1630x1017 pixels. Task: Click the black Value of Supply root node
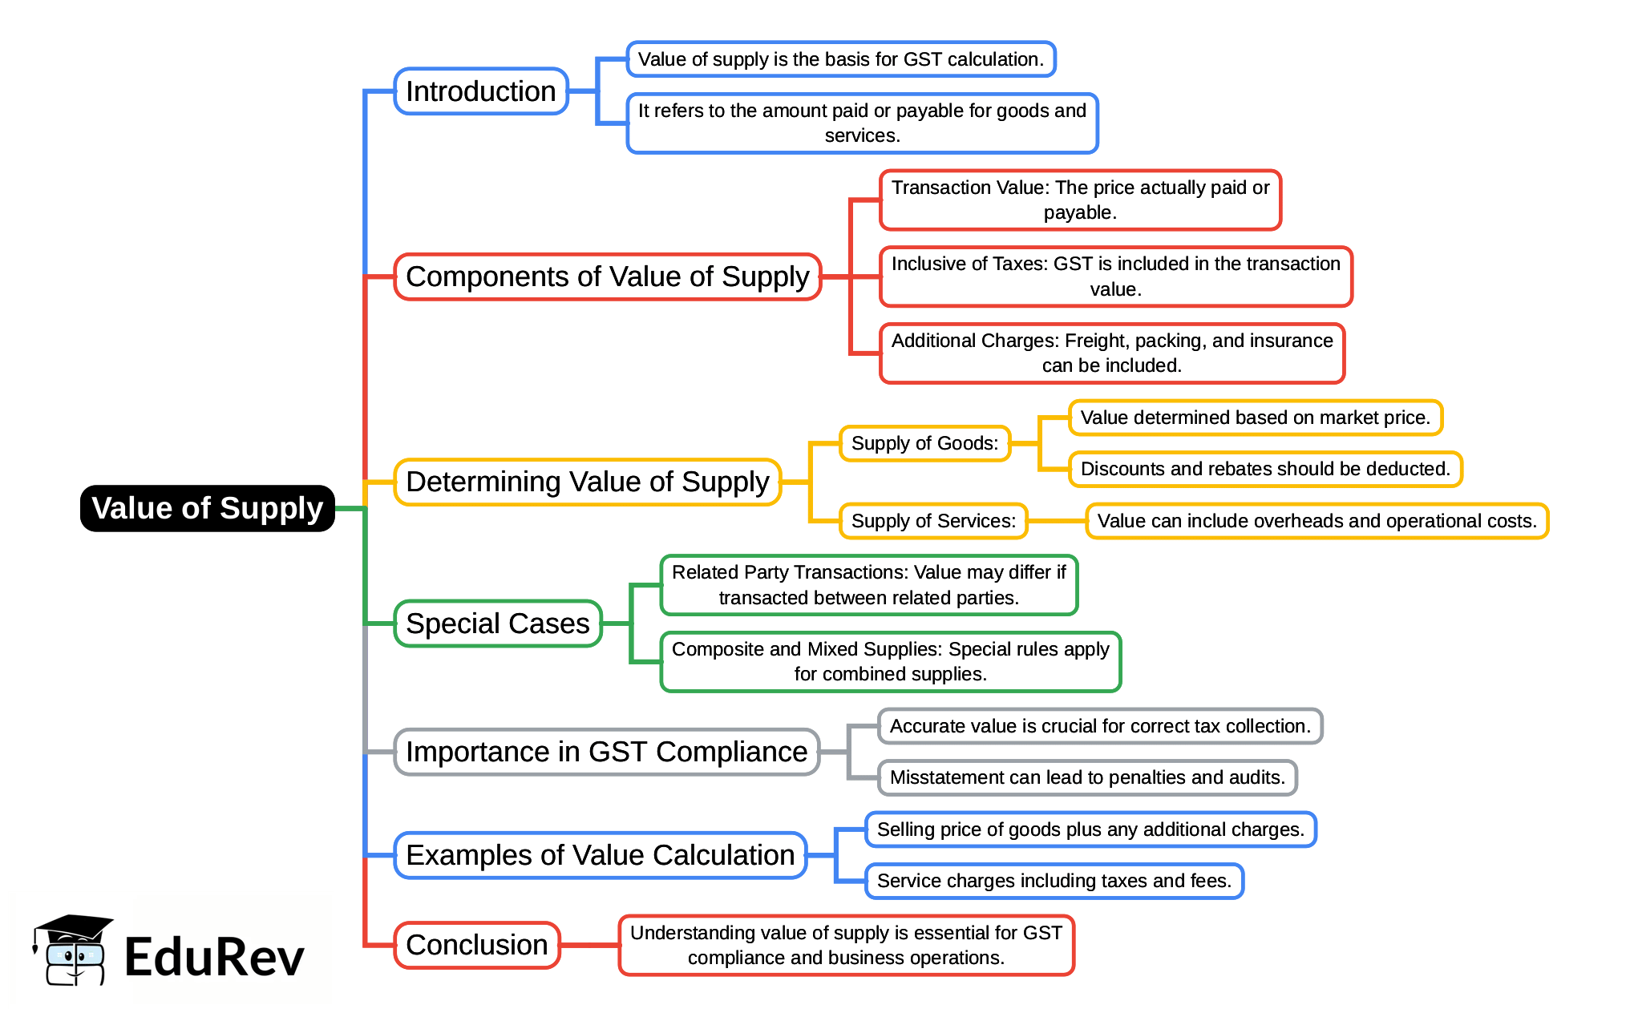click(207, 508)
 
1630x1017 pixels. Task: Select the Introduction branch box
click(480, 91)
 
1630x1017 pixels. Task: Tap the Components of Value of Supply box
click(607, 276)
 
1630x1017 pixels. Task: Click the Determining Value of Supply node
click(587, 482)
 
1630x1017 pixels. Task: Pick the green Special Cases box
click(497, 624)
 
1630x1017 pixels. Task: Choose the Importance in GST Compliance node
click(606, 752)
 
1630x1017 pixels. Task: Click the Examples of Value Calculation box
click(600, 855)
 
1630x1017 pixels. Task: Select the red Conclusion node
click(476, 945)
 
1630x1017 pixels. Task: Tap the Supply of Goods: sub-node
click(924, 443)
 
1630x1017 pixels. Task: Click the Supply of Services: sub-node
click(933, 521)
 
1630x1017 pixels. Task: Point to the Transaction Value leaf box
click(1079, 200)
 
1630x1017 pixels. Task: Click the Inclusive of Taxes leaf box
click(1115, 276)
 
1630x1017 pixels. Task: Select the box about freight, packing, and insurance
click(1111, 353)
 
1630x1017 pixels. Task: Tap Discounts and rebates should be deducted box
click(1264, 469)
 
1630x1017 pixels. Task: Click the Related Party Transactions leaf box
click(868, 585)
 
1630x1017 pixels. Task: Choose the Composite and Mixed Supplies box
click(890, 662)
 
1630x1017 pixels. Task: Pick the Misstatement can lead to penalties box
click(1086, 777)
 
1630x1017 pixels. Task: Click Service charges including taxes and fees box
click(1054, 881)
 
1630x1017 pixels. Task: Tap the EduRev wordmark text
click(214, 957)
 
